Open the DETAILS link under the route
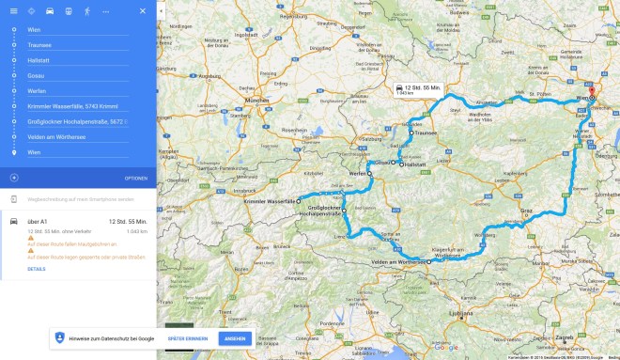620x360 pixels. [37, 269]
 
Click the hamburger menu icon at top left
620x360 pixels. [14, 10]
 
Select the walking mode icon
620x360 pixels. [87, 10]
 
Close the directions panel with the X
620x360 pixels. [142, 10]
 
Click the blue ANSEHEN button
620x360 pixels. [235, 337]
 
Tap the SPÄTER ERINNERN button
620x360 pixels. [189, 337]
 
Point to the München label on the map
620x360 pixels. [256, 100]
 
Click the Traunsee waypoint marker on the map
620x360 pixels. [411, 133]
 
